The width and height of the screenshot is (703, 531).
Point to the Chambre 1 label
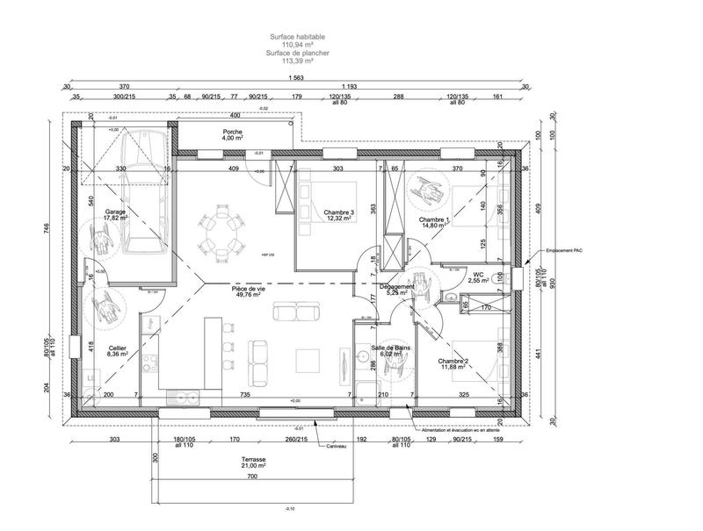[434, 221]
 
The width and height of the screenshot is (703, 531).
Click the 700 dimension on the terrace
[251, 477]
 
